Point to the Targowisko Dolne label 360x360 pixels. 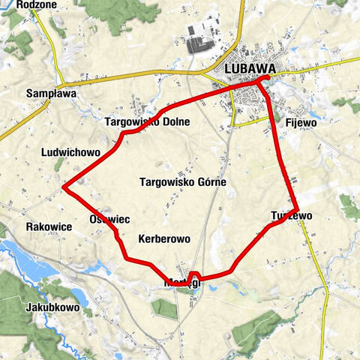point(147,121)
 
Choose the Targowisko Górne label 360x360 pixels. point(182,181)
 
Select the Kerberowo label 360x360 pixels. point(164,238)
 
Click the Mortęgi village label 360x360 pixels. point(182,283)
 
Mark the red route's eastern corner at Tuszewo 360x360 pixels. point(298,210)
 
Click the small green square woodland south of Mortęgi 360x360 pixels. point(164,308)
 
